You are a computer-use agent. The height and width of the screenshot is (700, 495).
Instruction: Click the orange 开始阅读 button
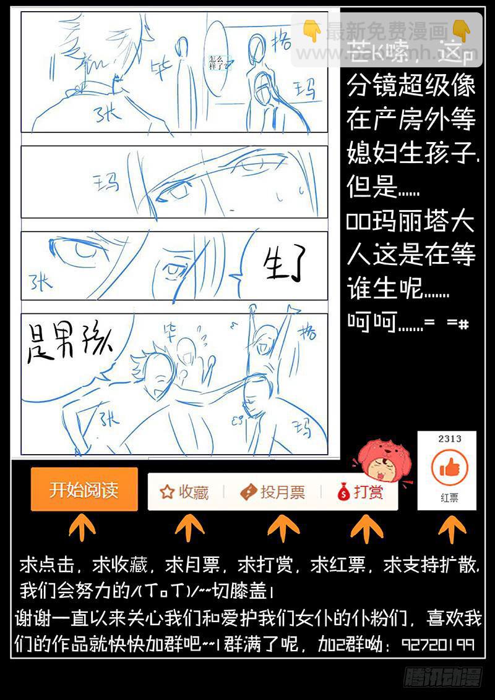tap(84, 491)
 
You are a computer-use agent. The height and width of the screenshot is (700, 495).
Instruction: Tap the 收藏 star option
tap(184, 492)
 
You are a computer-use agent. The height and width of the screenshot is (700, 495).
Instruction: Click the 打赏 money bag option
tap(360, 492)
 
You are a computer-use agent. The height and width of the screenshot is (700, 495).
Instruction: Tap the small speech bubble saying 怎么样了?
tap(218, 61)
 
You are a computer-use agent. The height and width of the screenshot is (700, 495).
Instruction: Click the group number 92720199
tap(438, 644)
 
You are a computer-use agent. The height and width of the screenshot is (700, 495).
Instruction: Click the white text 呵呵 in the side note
tap(371, 322)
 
